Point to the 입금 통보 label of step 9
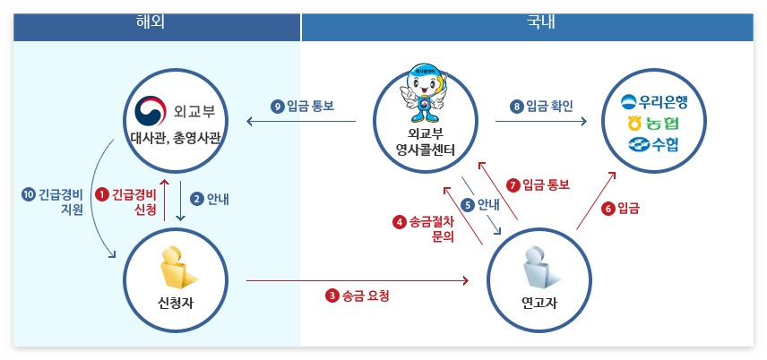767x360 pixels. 310,107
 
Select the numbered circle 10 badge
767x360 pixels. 29,193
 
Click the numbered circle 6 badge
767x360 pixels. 608,209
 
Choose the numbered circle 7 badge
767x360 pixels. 513,185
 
